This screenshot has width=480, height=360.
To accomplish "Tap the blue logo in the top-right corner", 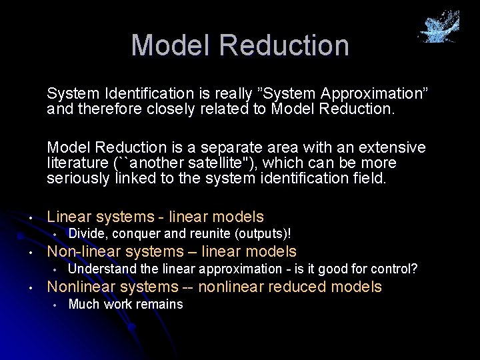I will [x=439, y=27].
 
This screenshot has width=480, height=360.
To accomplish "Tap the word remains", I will [x=161, y=305].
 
